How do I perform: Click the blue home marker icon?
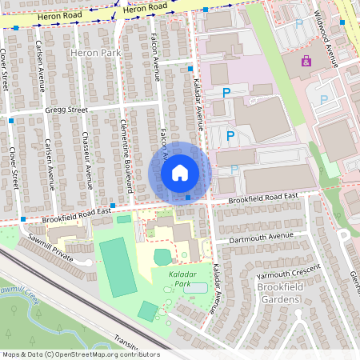pyautogui.click(x=180, y=172)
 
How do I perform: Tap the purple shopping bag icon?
pyautogui.click(x=305, y=61)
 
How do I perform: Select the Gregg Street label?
pyautogui.click(x=59, y=110)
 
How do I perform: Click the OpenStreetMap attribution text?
pyautogui.click(x=80, y=354)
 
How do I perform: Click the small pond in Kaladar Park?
pyautogui.click(x=194, y=287)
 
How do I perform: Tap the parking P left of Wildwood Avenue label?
pyautogui.click(x=299, y=24)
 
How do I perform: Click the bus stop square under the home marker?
pyautogui.click(x=188, y=197)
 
